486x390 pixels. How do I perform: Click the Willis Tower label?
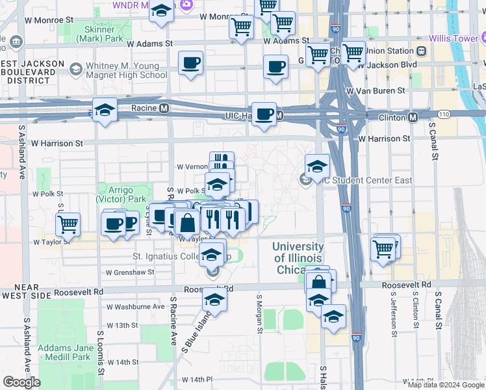tap(459, 38)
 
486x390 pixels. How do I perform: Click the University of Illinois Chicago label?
tap(298, 258)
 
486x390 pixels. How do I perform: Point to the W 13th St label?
tap(122, 325)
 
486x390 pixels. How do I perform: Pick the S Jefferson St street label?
tap(392, 309)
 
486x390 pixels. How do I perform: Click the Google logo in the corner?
tap(21, 382)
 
